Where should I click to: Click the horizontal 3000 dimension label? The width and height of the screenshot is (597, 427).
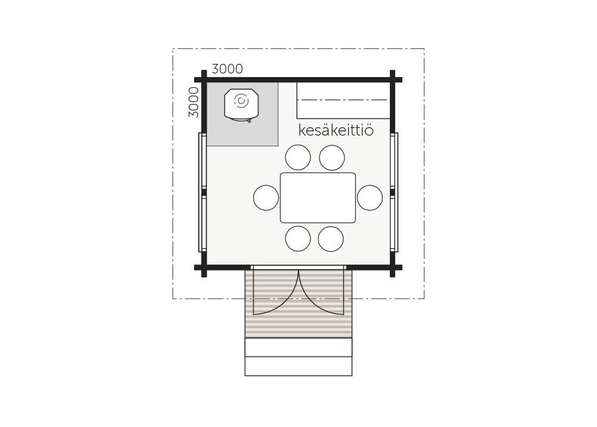[227, 69]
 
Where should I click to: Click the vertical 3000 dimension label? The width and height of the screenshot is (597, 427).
[194, 102]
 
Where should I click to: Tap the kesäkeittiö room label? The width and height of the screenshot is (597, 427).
[336, 130]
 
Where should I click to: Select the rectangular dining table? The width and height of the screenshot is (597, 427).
[318, 198]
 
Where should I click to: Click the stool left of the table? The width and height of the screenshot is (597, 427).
[266, 198]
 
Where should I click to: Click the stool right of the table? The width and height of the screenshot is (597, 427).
[370, 198]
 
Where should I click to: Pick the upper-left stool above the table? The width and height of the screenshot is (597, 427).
[298, 157]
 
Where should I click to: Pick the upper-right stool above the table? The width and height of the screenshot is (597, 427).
[332, 157]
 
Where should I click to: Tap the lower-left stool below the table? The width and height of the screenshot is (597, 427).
[298, 239]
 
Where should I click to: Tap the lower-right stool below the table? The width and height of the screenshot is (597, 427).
[331, 239]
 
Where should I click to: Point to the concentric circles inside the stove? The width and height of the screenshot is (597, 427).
[241, 101]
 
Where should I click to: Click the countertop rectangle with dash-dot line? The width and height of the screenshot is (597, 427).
[343, 100]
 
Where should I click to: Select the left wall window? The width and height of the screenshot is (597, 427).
[202, 192]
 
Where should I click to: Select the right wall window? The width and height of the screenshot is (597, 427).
[394, 192]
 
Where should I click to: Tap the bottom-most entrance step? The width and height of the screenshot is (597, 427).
[298, 367]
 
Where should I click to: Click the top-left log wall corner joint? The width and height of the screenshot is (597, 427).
[204, 79]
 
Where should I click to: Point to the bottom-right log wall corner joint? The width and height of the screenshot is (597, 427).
[393, 268]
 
